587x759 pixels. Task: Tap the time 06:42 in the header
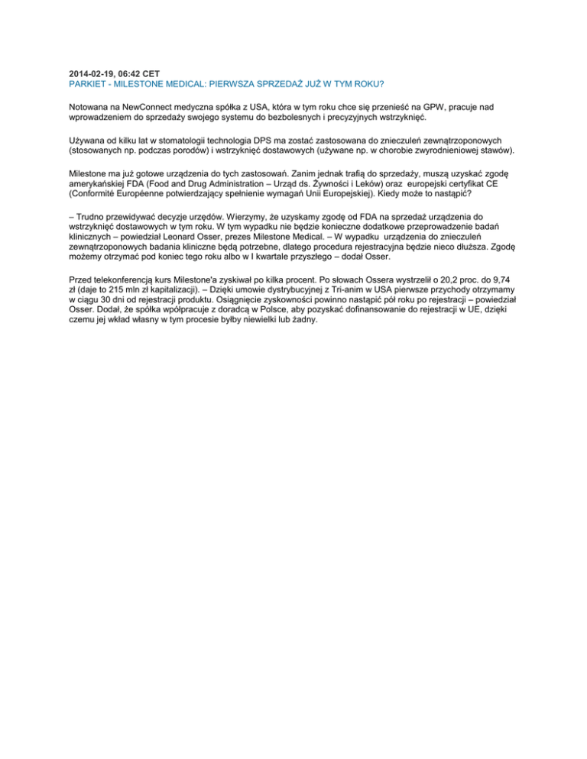128,73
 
